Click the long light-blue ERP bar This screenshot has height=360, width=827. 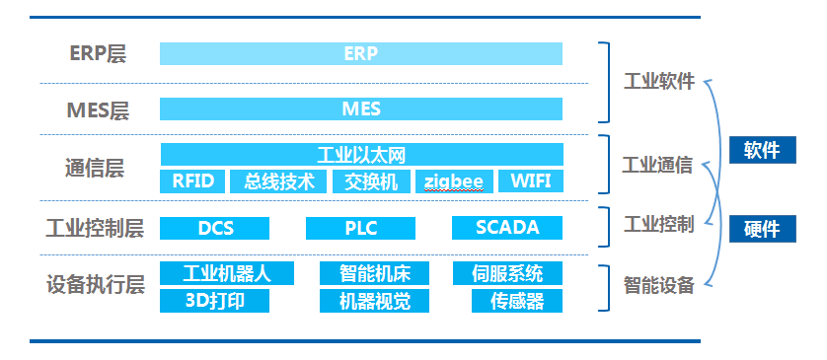tap(361, 53)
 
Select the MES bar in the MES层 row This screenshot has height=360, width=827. tap(361, 108)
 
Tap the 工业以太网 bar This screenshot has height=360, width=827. tap(361, 155)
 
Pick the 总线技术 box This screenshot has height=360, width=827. tap(278, 181)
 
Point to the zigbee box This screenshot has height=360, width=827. tap(453, 181)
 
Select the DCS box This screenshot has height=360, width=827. tap(215, 228)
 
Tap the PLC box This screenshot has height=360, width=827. tap(360, 228)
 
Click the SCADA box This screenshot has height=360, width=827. tap(507, 228)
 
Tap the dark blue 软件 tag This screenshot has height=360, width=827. tap(761, 150)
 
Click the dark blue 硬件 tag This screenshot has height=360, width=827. tap(761, 229)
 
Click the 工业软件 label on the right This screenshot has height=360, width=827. tap(658, 82)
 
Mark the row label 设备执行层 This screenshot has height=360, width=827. tap(95, 286)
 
